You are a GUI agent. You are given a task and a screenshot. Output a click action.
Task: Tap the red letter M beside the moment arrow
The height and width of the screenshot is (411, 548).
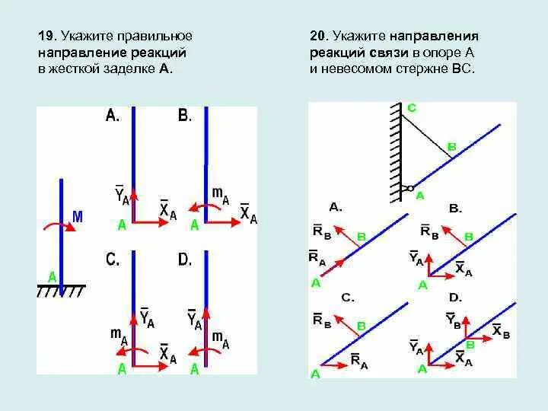pyautogui.click(x=77, y=218)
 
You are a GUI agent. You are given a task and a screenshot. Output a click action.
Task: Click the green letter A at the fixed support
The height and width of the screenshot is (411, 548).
pyautogui.click(x=52, y=276)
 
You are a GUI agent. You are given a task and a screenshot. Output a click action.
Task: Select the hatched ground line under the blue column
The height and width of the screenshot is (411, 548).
pyautogui.click(x=61, y=290)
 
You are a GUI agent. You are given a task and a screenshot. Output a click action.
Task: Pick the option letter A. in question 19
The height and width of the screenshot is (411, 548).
pyautogui.click(x=112, y=116)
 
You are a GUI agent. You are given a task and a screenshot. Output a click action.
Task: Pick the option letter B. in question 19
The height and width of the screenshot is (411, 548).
pyautogui.click(x=184, y=116)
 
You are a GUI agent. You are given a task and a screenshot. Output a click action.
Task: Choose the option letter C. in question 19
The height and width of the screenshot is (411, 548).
pyautogui.click(x=113, y=260)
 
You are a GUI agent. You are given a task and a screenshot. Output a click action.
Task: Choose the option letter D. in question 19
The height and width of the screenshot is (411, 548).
pyautogui.click(x=185, y=260)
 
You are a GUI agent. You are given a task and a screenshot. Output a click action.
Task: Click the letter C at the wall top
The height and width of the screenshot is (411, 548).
pyautogui.click(x=411, y=108)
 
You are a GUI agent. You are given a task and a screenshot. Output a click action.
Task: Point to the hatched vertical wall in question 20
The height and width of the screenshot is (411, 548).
pyautogui.click(x=395, y=152)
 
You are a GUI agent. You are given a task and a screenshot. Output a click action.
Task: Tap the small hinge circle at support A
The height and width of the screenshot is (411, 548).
pyautogui.click(x=409, y=188)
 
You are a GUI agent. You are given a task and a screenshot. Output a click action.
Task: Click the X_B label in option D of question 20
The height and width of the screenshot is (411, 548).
pyautogui.click(x=501, y=330)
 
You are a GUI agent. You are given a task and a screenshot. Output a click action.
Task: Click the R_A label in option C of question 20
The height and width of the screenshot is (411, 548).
pyautogui.click(x=358, y=362)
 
